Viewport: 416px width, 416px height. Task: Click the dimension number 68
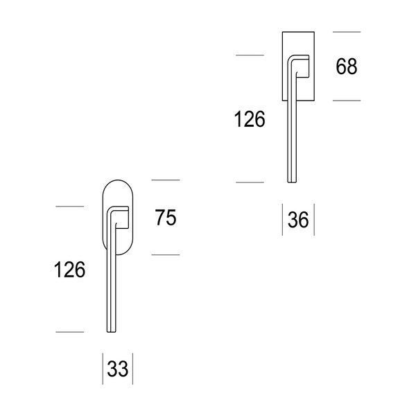[x=347, y=67]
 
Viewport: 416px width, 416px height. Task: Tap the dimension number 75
[x=166, y=218]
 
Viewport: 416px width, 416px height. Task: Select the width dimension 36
[x=298, y=220]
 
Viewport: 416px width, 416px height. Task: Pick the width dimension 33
[x=118, y=369]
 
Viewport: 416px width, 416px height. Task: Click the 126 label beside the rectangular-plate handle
[x=250, y=119]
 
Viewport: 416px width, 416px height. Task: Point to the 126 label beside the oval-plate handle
[x=69, y=270]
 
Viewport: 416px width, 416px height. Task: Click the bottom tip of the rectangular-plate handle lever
[x=292, y=182]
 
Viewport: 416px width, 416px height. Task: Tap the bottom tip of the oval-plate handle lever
[x=112, y=331]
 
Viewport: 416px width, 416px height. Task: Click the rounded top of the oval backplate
[x=118, y=180]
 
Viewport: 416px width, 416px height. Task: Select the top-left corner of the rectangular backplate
[x=282, y=32]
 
